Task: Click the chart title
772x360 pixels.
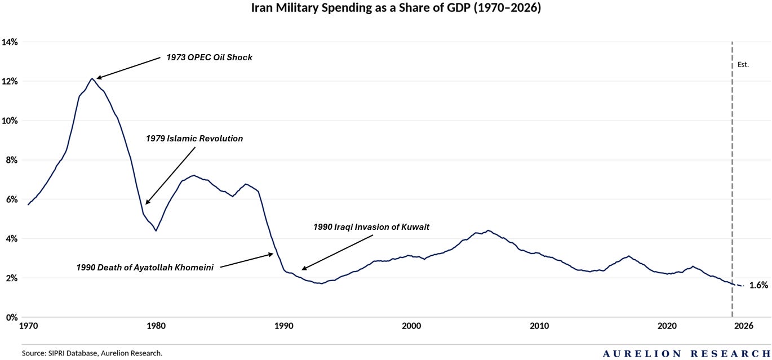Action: click(396, 7)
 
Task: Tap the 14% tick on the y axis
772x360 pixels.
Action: click(10, 42)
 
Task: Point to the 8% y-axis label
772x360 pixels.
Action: click(12, 160)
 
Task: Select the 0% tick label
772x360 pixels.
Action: click(12, 317)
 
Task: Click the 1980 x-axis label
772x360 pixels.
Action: click(156, 326)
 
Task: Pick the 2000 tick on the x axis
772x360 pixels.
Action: click(411, 326)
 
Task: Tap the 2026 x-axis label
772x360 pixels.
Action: click(744, 326)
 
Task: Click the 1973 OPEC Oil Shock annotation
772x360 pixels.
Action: click(209, 57)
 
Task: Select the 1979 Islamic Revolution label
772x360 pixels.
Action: click(194, 139)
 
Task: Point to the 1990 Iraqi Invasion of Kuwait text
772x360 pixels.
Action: click(371, 227)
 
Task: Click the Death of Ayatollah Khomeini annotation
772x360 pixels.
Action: click(145, 268)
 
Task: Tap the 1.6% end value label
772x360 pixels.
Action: click(758, 285)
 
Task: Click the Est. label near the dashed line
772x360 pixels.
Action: click(743, 65)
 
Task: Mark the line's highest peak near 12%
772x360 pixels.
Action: click(92, 78)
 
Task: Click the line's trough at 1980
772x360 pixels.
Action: click(156, 230)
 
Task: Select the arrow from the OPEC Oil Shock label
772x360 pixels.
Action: click(128, 68)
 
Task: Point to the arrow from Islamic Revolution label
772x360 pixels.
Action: click(170, 176)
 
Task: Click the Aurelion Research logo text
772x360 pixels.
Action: click(686, 353)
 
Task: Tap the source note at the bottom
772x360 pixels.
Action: click(92, 353)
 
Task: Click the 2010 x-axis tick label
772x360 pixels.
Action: click(539, 326)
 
